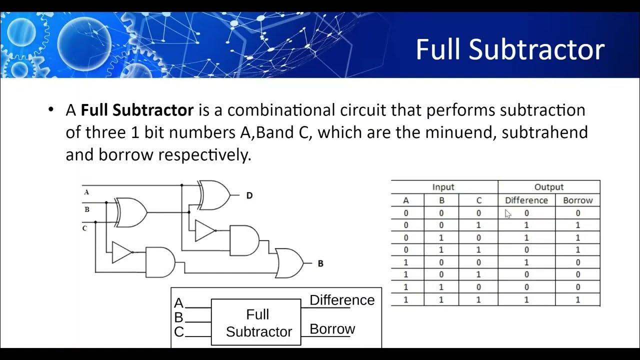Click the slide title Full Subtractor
pos(510,50)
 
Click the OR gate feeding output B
pos(289,263)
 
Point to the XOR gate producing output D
pos(214,195)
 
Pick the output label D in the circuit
pos(249,195)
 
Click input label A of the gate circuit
pos(86,191)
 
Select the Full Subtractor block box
pos(256,322)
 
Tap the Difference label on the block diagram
pos(342,300)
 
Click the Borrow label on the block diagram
pos(332,329)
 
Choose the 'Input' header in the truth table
pos(443,187)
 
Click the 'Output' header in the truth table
pos(549,187)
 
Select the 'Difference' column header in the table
pos(526,200)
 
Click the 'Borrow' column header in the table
pos(577,200)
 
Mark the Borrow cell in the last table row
pos(577,299)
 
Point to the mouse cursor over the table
pos(508,214)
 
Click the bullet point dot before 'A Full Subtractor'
pos(50,109)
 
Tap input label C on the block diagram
pos(178,331)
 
